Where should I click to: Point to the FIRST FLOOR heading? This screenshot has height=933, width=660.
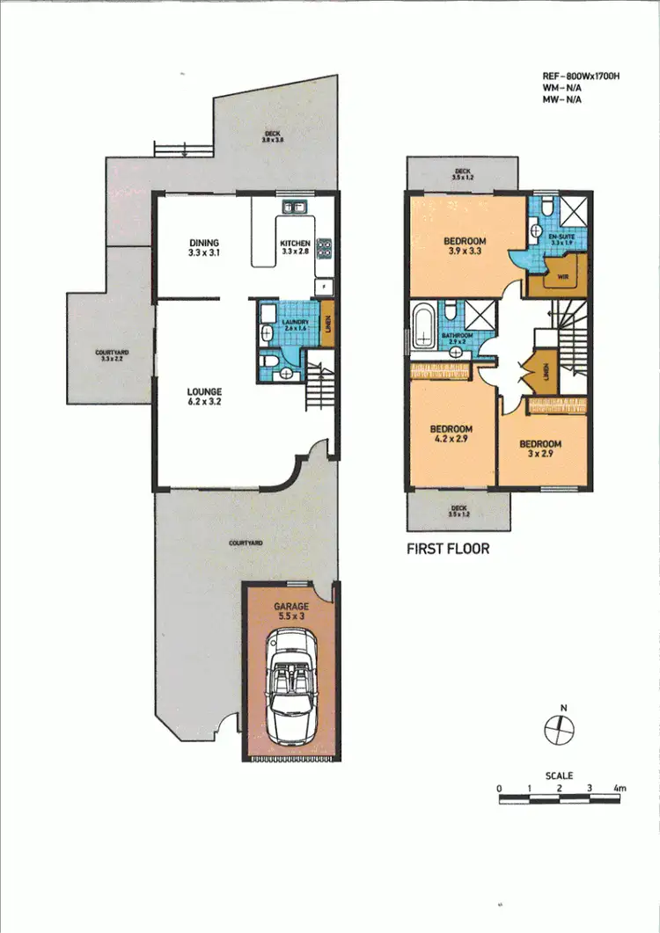[447, 549]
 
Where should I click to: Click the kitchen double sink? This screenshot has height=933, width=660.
[293, 208]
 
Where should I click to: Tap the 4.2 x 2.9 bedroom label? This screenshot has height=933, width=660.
[449, 434]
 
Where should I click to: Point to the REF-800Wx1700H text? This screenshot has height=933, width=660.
[582, 77]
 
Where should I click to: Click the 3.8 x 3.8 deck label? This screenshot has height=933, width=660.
[273, 137]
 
